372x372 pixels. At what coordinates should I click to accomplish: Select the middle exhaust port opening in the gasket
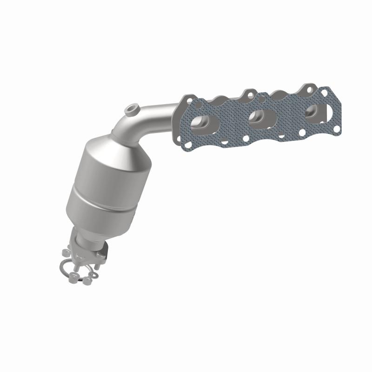[x=257, y=117]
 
